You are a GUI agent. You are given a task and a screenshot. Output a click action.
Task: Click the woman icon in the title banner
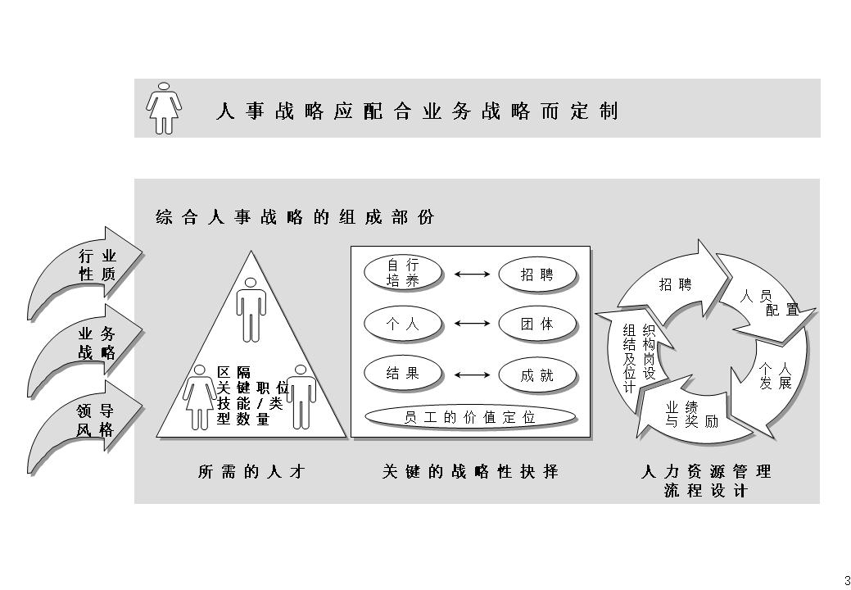(x=164, y=107)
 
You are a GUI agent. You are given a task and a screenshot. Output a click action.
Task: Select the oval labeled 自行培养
(x=402, y=273)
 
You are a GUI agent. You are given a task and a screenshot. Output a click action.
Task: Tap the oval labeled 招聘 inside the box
(x=536, y=275)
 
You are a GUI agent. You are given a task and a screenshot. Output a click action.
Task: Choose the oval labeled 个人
(x=402, y=324)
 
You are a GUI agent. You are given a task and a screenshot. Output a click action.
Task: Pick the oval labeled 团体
(x=536, y=324)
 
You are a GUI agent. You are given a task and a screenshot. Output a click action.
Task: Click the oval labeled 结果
(x=402, y=373)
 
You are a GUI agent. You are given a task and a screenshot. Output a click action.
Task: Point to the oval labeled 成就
(x=536, y=375)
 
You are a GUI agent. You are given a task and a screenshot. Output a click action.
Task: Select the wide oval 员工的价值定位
(x=469, y=416)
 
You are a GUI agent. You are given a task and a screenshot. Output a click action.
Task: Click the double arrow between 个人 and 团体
(x=470, y=324)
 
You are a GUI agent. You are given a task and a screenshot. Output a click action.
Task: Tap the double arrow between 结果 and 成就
(x=470, y=375)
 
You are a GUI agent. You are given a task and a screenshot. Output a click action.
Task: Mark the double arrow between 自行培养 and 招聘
(x=470, y=275)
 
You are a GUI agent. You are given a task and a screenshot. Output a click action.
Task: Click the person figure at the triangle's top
(x=251, y=307)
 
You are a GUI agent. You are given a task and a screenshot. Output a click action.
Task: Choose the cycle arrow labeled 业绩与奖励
(x=688, y=414)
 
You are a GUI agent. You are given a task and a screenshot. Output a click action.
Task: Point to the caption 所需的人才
(x=251, y=472)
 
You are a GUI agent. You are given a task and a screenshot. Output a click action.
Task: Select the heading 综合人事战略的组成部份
(x=295, y=217)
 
